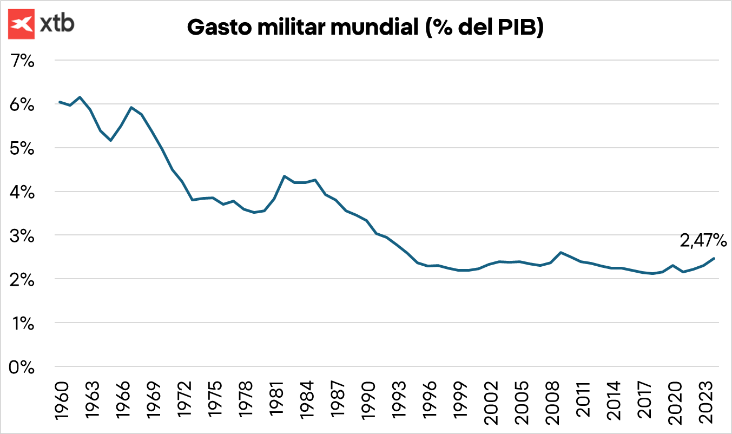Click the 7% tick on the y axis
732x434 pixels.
point(23,61)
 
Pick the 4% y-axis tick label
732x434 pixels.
point(23,192)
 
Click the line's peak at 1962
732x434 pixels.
point(80,97)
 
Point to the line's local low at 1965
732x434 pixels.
point(110,141)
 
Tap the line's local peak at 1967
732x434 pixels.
point(131,107)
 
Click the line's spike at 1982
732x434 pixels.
point(284,176)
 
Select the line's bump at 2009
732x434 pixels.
point(560,252)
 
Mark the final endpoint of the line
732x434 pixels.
point(714,258)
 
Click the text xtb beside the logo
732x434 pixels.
point(57,24)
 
